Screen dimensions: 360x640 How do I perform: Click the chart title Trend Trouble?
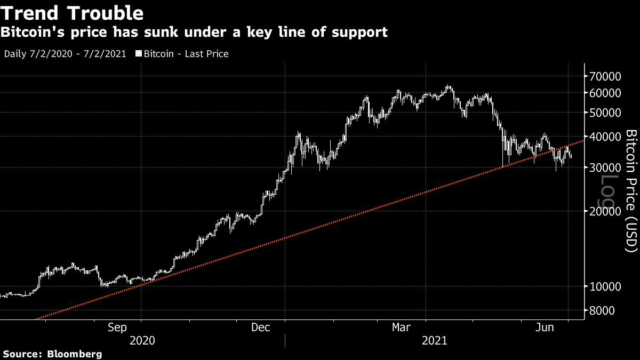[73, 13]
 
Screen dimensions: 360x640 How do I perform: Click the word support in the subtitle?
[359, 33]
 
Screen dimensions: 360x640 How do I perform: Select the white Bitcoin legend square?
[139, 54]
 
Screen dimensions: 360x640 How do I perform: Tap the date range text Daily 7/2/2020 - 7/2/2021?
[65, 54]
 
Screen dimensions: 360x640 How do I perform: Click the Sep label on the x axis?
[117, 327]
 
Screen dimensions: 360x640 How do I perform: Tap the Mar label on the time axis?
[402, 327]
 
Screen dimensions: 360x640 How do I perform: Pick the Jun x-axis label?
[545, 327]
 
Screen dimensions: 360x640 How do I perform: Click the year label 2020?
[142, 340]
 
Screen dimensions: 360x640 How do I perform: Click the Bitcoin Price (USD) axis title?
[631, 190]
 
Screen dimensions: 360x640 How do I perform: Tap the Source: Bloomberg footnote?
[52, 354]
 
